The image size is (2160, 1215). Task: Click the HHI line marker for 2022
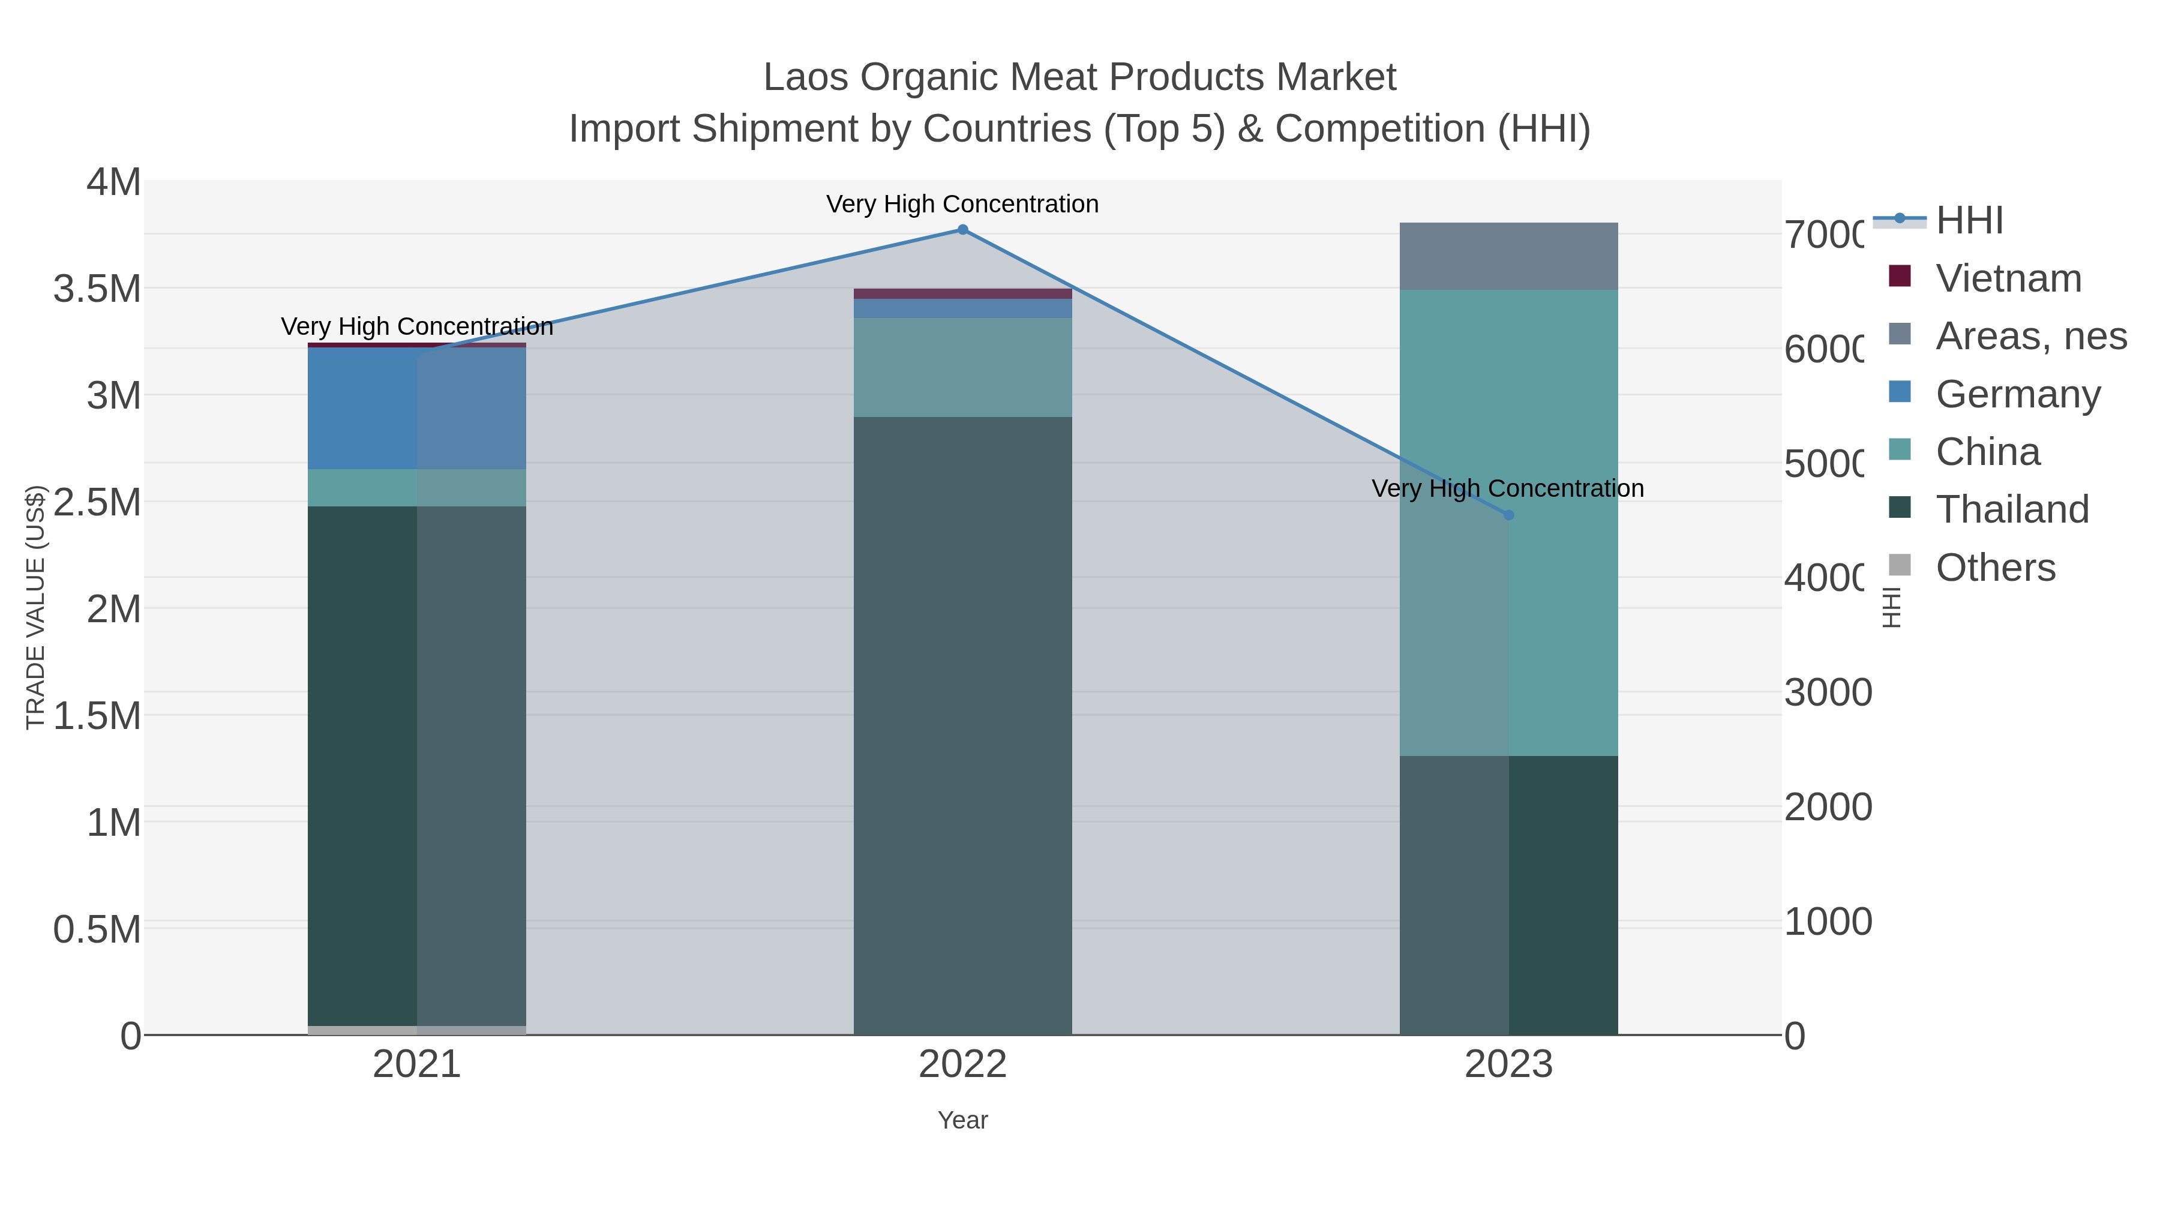pyautogui.click(x=962, y=230)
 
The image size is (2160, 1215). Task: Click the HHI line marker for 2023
pyautogui.click(x=1508, y=515)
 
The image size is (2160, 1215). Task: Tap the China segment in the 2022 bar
pyautogui.click(x=962, y=367)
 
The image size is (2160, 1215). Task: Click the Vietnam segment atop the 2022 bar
pyautogui.click(x=962, y=293)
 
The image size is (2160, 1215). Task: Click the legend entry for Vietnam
pyautogui.click(x=2008, y=278)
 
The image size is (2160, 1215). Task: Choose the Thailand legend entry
pyautogui.click(x=2012, y=509)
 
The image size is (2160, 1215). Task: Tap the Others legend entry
pyautogui.click(x=1995, y=568)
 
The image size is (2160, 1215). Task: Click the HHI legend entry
pyautogui.click(x=1968, y=221)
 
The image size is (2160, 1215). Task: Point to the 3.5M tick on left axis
pyautogui.click(x=97, y=289)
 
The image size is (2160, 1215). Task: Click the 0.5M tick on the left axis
pyautogui.click(x=97, y=929)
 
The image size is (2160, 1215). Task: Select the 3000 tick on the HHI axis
pyautogui.click(x=1828, y=692)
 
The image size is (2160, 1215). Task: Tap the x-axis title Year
pyautogui.click(x=962, y=1120)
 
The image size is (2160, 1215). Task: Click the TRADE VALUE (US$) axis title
pyautogui.click(x=35, y=607)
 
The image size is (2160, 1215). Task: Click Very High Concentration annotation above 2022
pyautogui.click(x=962, y=204)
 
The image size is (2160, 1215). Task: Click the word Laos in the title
pyautogui.click(x=806, y=77)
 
